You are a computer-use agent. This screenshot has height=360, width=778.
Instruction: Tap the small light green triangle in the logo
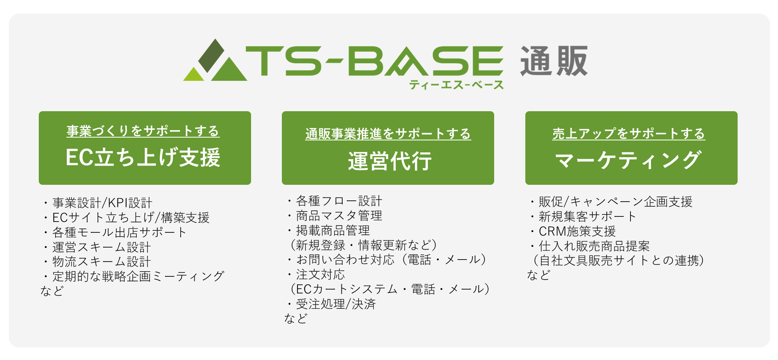[194, 74]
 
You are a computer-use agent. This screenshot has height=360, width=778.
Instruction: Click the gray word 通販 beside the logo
[554, 61]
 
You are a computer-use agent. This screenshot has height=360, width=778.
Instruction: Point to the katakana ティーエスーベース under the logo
[456, 85]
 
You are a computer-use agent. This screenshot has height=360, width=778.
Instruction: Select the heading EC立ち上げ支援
[143, 157]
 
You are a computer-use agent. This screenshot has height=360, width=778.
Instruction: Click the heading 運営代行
[389, 161]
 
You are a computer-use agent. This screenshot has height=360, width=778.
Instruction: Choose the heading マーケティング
[628, 160]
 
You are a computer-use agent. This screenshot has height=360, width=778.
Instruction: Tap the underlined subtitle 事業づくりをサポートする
[143, 131]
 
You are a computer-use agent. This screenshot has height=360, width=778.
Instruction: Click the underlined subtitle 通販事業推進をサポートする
[388, 134]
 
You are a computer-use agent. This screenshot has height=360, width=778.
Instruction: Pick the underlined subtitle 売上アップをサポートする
[628, 134]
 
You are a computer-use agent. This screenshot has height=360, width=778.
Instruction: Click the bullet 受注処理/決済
[331, 304]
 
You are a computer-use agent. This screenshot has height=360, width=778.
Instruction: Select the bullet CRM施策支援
[573, 231]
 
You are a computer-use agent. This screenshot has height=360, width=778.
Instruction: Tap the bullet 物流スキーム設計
[97, 262]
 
